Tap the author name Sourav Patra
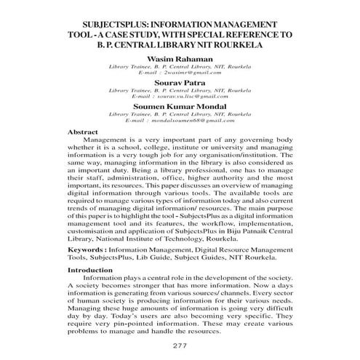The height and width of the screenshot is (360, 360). (180, 83)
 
